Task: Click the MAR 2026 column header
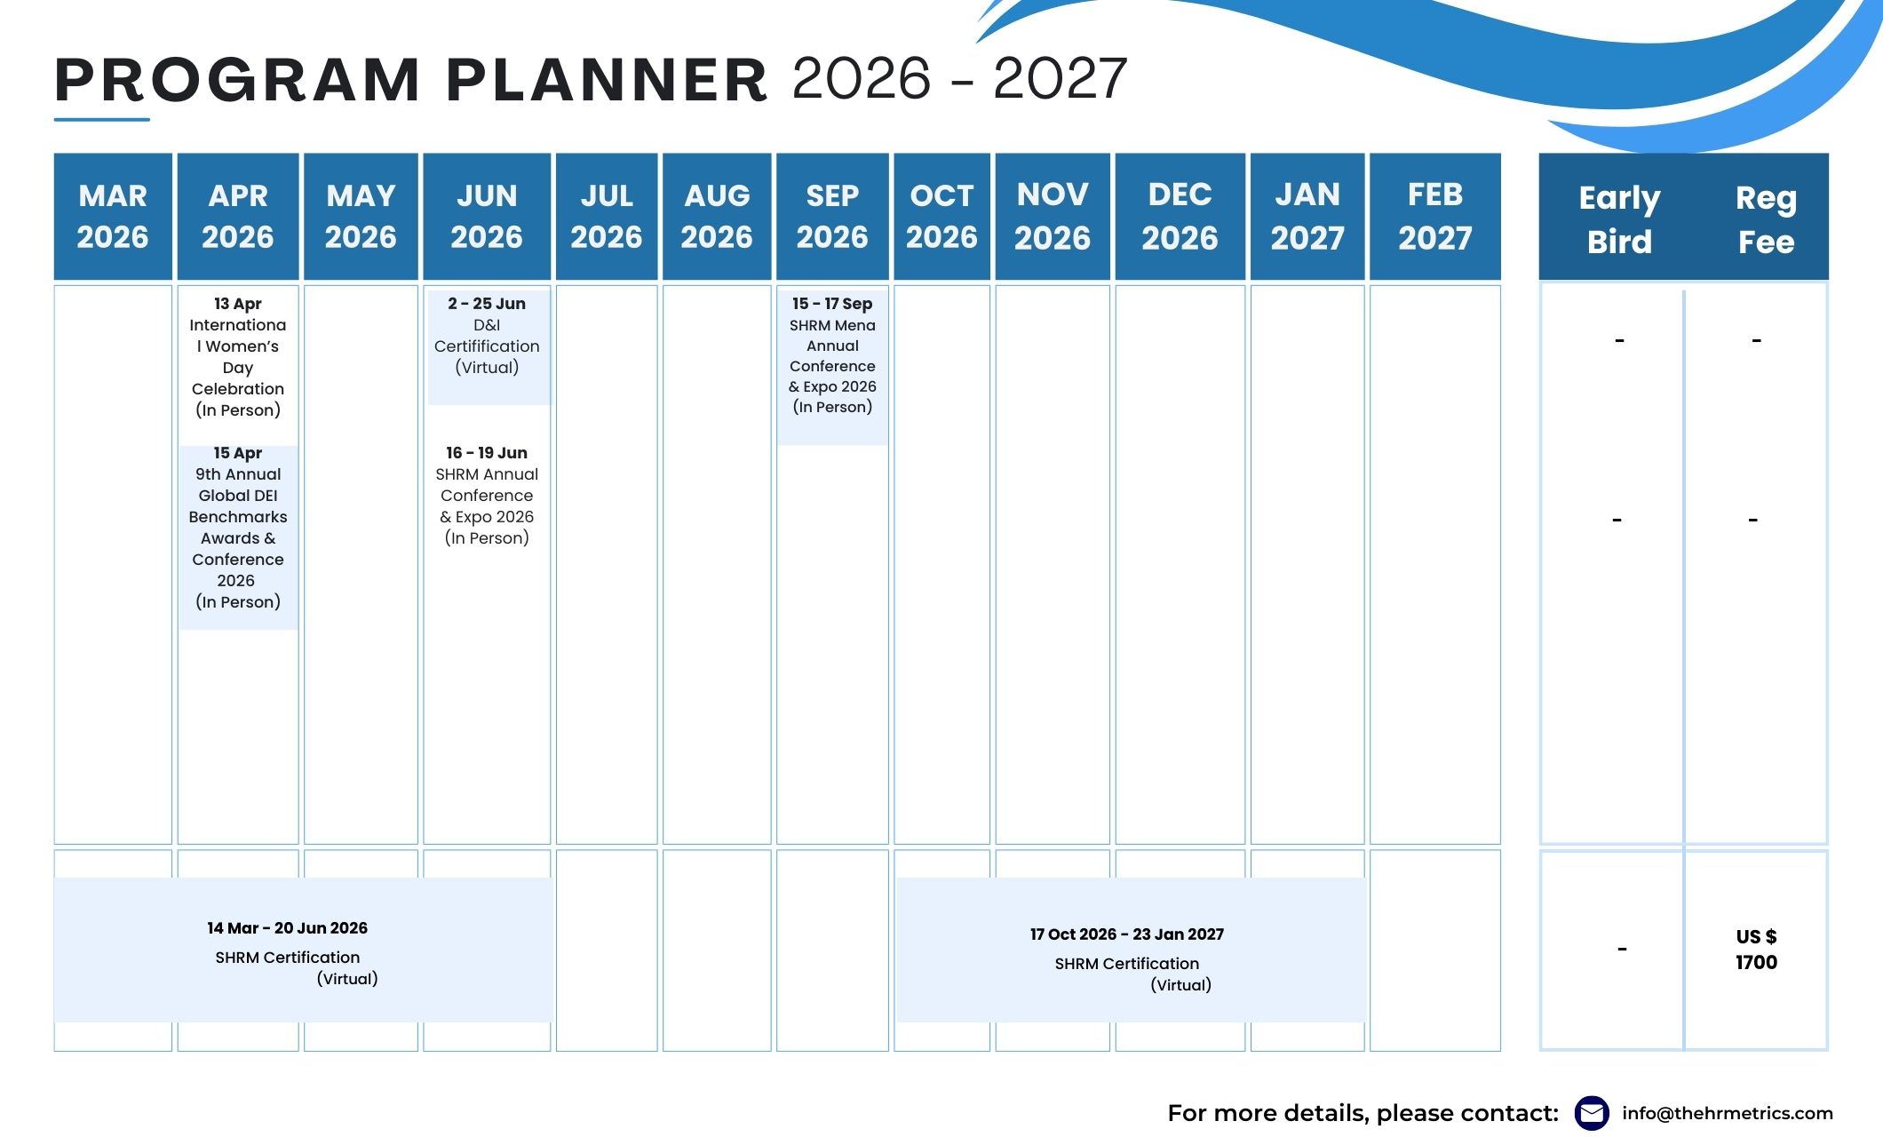coord(113,217)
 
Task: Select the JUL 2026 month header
coord(607,217)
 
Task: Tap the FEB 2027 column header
coord(1435,217)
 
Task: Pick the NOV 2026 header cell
coord(1053,217)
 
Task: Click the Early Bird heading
coord(1619,219)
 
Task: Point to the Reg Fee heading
coord(1766,219)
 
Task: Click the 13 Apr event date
coord(238,304)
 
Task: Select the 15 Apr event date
coord(238,453)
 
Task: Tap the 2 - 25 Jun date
coord(487,304)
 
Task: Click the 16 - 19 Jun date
coord(487,453)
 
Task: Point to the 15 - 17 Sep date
coord(832,304)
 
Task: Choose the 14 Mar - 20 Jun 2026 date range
coord(287,928)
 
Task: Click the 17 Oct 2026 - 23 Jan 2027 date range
coord(1127,934)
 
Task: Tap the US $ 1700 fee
coord(1756,950)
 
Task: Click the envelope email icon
coord(1592,1113)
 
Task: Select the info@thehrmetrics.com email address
coord(1728,1113)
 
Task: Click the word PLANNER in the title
coord(607,80)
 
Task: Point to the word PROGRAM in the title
coord(237,80)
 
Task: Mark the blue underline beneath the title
coord(102,119)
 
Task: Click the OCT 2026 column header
coord(941,217)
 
